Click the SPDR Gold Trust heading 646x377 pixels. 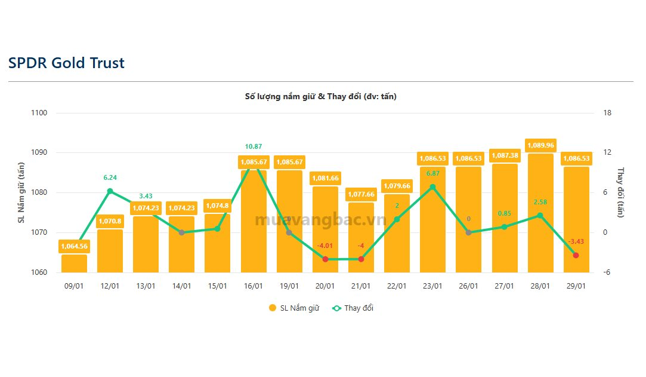point(66,63)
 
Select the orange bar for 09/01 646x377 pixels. point(74,263)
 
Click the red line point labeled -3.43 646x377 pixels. point(576,255)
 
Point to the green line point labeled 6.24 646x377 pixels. point(110,191)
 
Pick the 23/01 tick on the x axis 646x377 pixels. point(432,286)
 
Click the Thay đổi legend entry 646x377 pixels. point(353,308)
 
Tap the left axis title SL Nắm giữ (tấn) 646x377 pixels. point(21,192)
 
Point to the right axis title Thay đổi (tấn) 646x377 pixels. point(620,192)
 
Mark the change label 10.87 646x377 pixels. point(254,146)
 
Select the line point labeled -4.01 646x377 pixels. point(325,259)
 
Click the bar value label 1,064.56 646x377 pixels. point(74,246)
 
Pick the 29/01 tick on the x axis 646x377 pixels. point(576,286)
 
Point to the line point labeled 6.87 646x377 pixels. point(432,187)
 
